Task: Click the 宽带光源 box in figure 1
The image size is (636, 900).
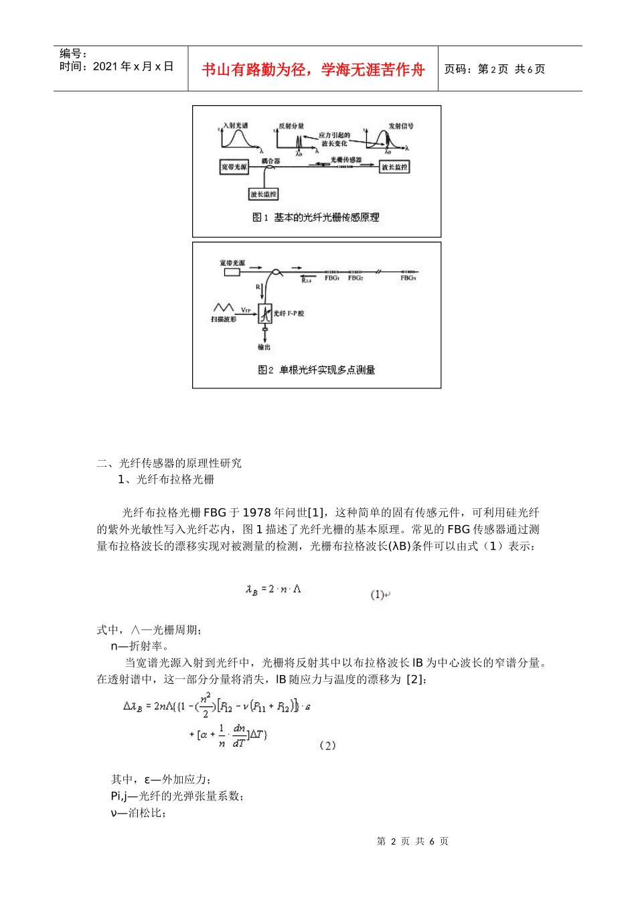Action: tap(234, 167)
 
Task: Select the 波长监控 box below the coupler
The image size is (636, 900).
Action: tap(264, 194)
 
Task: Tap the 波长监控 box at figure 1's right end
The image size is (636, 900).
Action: tap(394, 167)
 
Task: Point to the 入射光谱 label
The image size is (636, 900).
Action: tap(236, 125)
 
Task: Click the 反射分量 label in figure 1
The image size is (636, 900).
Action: tap(291, 126)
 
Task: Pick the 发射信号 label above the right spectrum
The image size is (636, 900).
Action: tap(401, 126)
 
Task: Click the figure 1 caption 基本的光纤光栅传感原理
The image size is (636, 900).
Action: tap(316, 218)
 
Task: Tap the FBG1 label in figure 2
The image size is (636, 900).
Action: tap(332, 278)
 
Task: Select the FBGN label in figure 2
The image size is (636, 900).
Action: tap(408, 278)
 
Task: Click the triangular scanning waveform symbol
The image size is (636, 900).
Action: tap(223, 307)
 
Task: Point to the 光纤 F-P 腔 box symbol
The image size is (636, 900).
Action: tap(265, 313)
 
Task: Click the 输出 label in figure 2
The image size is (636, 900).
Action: tap(264, 347)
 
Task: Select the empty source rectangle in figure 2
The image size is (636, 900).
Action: tap(232, 273)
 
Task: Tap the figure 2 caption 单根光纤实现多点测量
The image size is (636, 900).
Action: tap(317, 370)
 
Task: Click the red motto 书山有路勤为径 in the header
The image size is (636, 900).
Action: tap(313, 70)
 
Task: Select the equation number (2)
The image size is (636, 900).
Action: tap(327, 745)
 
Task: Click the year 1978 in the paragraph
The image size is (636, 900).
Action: tap(256, 512)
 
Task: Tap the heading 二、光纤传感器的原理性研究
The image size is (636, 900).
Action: tap(169, 463)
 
